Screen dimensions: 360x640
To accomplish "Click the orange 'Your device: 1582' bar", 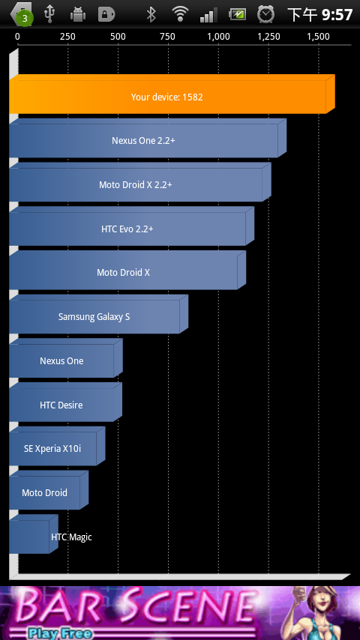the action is point(172,94).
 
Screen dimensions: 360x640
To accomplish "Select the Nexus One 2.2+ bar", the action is point(148,139).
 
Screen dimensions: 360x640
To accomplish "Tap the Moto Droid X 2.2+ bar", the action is point(139,182).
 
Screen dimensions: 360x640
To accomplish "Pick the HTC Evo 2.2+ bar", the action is point(131,226).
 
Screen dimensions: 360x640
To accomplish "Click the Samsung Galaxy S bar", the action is point(98,314).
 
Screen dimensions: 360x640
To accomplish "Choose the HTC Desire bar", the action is point(65,402).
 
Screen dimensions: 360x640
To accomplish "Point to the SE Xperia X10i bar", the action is point(57,446).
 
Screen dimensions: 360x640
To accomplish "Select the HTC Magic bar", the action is point(34,534).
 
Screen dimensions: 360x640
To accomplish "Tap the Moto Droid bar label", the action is point(44,492).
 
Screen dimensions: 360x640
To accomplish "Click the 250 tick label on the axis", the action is point(67,37).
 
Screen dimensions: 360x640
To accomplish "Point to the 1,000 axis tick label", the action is point(218,37).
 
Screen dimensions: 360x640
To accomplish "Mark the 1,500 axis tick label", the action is point(318,37).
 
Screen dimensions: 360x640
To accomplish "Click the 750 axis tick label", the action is point(168,37).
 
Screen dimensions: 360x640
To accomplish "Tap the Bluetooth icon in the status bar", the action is point(151,15).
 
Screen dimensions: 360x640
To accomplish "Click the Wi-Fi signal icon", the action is point(179,14).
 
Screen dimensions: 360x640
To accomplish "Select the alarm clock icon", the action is point(265,14).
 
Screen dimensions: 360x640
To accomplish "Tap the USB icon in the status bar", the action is point(49,14).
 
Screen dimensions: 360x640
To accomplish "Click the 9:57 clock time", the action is point(337,15).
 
